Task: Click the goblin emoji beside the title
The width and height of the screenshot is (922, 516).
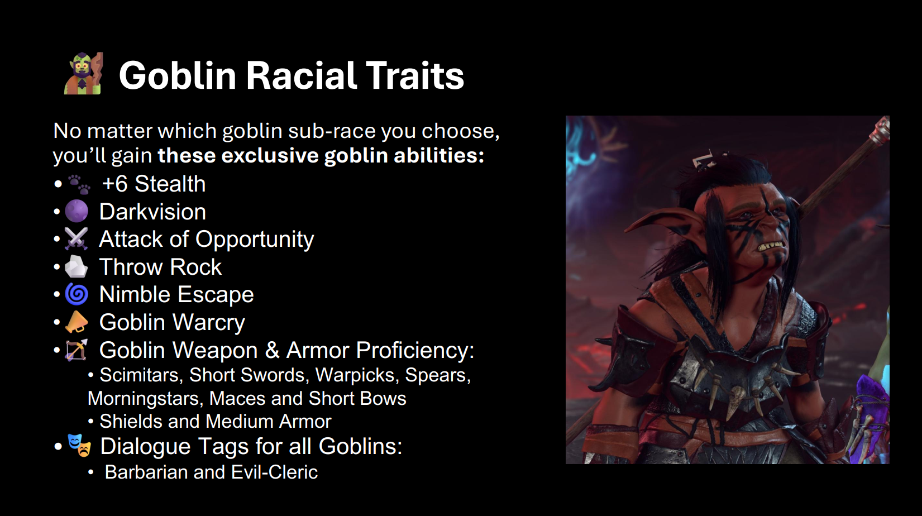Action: click(x=83, y=74)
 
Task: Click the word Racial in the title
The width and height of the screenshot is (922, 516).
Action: click(x=302, y=75)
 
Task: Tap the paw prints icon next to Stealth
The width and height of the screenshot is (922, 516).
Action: click(x=79, y=184)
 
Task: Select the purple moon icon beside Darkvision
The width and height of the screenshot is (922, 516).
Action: click(x=77, y=211)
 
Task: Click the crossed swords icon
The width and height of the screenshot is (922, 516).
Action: click(x=77, y=238)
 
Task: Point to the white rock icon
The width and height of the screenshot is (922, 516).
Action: click(x=77, y=266)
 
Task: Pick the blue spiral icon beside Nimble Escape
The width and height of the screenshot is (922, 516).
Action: click(x=77, y=294)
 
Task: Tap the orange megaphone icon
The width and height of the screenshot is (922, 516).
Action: click(x=77, y=322)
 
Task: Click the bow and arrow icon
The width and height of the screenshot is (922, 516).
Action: click(x=77, y=350)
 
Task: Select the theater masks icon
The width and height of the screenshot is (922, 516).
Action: click(x=79, y=445)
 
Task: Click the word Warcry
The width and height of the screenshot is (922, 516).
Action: click(x=208, y=323)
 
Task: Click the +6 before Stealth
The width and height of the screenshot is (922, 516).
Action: click(x=115, y=184)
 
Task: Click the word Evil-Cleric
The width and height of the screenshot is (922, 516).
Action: click(x=275, y=472)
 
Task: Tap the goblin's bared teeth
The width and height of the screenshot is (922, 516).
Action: click(x=771, y=246)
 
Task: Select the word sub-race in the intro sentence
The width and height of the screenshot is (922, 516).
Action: click(x=331, y=131)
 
